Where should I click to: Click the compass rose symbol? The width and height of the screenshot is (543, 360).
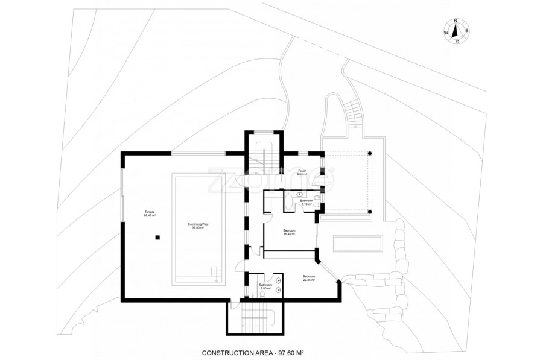pos(457,31)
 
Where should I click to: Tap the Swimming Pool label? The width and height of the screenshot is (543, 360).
pos(198,226)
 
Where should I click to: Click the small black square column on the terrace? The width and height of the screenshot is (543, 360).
pos(157,237)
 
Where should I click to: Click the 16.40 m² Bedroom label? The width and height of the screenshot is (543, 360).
pos(289,232)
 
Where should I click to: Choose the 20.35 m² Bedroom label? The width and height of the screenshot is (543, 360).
pos(309,278)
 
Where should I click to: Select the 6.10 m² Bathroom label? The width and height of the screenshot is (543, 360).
pos(306,202)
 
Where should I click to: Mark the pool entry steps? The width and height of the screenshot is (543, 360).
pos(215,278)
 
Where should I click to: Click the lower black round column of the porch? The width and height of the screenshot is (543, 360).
pos(371,212)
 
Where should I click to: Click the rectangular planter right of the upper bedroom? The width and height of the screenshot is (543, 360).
pos(358,244)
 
